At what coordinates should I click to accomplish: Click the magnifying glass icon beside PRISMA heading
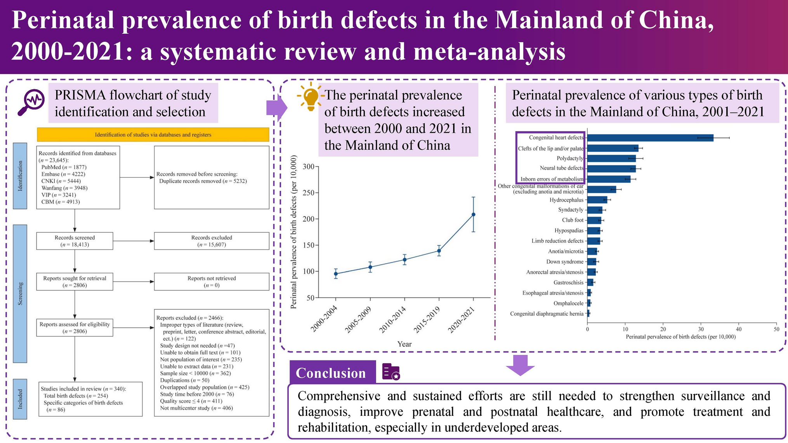31,102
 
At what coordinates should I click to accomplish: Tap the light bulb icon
311,96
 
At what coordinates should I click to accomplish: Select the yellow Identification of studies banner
153,135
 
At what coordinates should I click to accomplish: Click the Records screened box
75,241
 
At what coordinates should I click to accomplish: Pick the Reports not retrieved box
212,282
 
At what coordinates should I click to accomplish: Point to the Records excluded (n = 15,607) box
212,241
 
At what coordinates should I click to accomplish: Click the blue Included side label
20,399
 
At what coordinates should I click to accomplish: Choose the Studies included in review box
90,399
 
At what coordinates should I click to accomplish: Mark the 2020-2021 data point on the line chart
473,215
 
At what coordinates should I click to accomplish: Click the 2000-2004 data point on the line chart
336,274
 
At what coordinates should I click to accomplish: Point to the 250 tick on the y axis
309,193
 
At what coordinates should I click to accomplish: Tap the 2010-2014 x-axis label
393,320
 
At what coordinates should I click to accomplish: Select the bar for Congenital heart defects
650,138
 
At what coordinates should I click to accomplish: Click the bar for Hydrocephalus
597,200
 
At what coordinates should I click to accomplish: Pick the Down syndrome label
565,262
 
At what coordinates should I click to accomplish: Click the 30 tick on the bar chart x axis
701,329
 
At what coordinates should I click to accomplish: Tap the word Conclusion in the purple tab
331,373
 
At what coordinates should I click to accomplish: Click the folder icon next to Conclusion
391,372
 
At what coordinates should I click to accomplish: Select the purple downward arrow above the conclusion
520,365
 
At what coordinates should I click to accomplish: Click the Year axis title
404,344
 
